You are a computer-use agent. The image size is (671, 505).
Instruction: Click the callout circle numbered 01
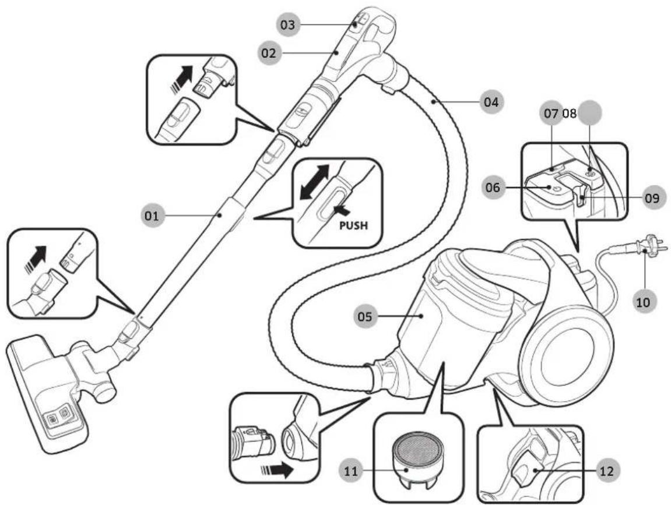[x=150, y=216]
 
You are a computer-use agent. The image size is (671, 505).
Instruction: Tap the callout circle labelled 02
[x=269, y=53]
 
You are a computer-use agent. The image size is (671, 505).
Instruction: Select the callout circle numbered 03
[x=287, y=24]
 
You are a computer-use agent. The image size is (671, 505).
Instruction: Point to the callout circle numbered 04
[x=491, y=102]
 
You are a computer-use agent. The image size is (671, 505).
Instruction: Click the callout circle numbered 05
[x=365, y=316]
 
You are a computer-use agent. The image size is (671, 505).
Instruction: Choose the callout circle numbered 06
[x=493, y=187]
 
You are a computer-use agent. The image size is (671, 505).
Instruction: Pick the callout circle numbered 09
[x=653, y=199]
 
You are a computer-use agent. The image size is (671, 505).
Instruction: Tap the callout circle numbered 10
[x=643, y=302]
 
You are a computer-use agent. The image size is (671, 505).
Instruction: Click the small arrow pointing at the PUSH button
[x=344, y=210]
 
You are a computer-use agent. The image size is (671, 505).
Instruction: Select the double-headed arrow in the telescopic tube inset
[x=315, y=182]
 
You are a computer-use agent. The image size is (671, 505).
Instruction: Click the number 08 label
[x=570, y=114]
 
